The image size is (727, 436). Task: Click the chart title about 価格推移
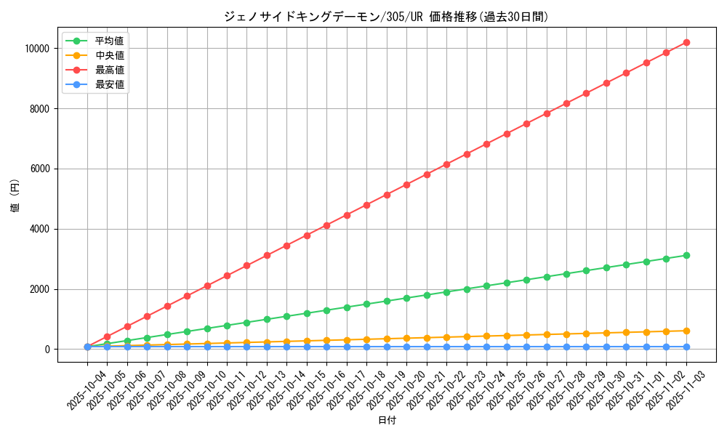coord(386,16)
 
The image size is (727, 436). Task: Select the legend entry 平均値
coord(109,41)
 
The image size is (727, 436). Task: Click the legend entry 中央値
coord(109,55)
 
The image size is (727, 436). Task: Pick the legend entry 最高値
coord(109,70)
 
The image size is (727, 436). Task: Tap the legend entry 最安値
coord(109,84)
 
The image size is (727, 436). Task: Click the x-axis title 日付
coord(387,421)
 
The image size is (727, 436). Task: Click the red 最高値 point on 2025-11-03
coord(686,42)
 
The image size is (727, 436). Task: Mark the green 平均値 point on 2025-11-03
coord(686,255)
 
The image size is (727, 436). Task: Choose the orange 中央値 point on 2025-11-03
coord(686,331)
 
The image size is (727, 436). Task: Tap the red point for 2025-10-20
coord(406,185)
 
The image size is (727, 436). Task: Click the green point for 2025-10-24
coord(486,286)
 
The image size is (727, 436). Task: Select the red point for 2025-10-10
coord(207,286)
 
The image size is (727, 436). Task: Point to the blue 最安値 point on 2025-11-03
coord(686,347)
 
